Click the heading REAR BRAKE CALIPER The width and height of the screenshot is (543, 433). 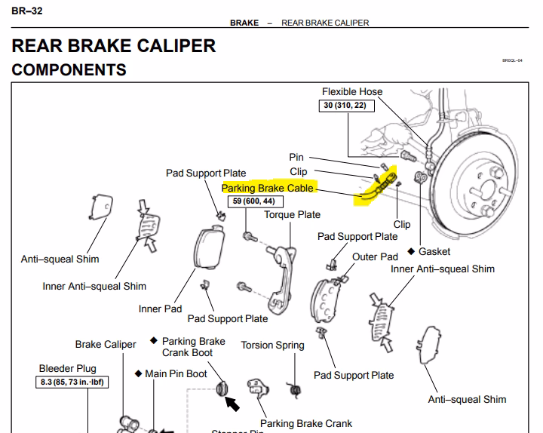(114, 45)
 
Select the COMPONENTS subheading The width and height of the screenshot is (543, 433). (69, 70)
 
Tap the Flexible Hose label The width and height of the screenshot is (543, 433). (352, 92)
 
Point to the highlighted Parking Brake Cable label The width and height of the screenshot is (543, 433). (268, 188)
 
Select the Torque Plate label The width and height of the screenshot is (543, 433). (292, 215)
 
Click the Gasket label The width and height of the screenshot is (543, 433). (434, 251)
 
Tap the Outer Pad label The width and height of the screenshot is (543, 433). (375, 257)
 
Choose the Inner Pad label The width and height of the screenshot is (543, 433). (161, 309)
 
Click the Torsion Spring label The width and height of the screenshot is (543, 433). (272, 345)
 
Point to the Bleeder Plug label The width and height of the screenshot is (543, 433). (67, 369)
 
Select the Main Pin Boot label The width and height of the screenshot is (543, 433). (176, 373)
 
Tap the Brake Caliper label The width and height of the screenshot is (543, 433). (106, 345)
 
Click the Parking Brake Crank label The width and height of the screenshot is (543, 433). (306, 424)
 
